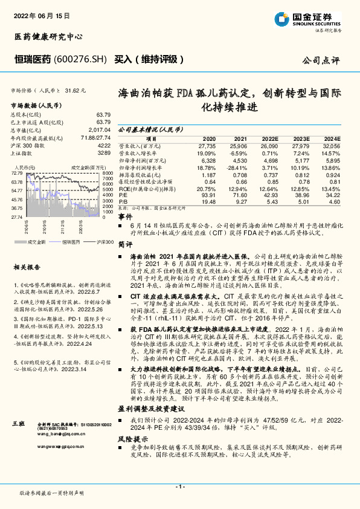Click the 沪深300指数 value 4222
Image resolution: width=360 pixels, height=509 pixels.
tap(104, 146)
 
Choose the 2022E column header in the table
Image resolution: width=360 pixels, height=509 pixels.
tap(270, 138)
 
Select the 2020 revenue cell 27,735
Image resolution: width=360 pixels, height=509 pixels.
tap(206, 146)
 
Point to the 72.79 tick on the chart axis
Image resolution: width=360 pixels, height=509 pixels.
tap(17, 173)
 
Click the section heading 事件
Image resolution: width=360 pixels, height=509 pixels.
tap(124, 216)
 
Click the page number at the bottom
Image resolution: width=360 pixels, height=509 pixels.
tap(180, 486)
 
